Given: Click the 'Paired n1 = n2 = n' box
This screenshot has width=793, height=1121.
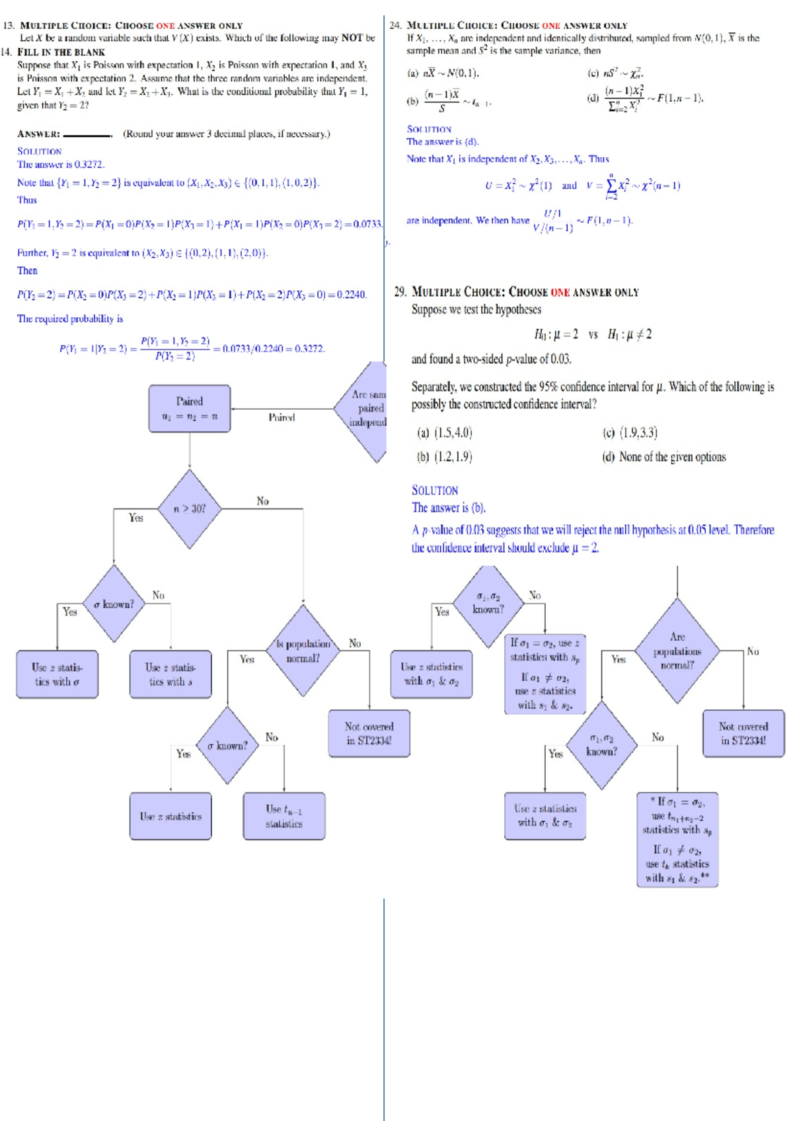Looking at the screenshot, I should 190,408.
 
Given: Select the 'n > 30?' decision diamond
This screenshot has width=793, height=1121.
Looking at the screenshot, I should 190,509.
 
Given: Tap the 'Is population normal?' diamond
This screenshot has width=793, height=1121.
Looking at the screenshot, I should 303,651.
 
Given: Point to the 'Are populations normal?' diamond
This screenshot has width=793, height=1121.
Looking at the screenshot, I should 677,651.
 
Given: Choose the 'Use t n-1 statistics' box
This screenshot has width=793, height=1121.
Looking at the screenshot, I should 284,816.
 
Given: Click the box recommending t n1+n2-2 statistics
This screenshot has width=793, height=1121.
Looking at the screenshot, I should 677,839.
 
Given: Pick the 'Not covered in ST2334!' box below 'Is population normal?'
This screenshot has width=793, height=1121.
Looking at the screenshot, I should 369,733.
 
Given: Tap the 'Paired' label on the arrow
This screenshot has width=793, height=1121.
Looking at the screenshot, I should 282,417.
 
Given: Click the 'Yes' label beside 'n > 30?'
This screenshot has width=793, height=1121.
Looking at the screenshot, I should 136,518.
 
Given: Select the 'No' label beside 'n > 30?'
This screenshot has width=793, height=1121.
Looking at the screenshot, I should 263,501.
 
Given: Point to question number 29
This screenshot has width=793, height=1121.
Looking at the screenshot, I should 400,292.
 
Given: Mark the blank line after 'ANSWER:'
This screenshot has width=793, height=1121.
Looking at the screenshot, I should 87,135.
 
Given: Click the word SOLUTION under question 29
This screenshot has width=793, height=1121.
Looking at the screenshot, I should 435,490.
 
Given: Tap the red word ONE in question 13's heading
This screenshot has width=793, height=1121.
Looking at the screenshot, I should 165,26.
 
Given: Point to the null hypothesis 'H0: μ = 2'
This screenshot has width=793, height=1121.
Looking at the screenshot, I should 556,334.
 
